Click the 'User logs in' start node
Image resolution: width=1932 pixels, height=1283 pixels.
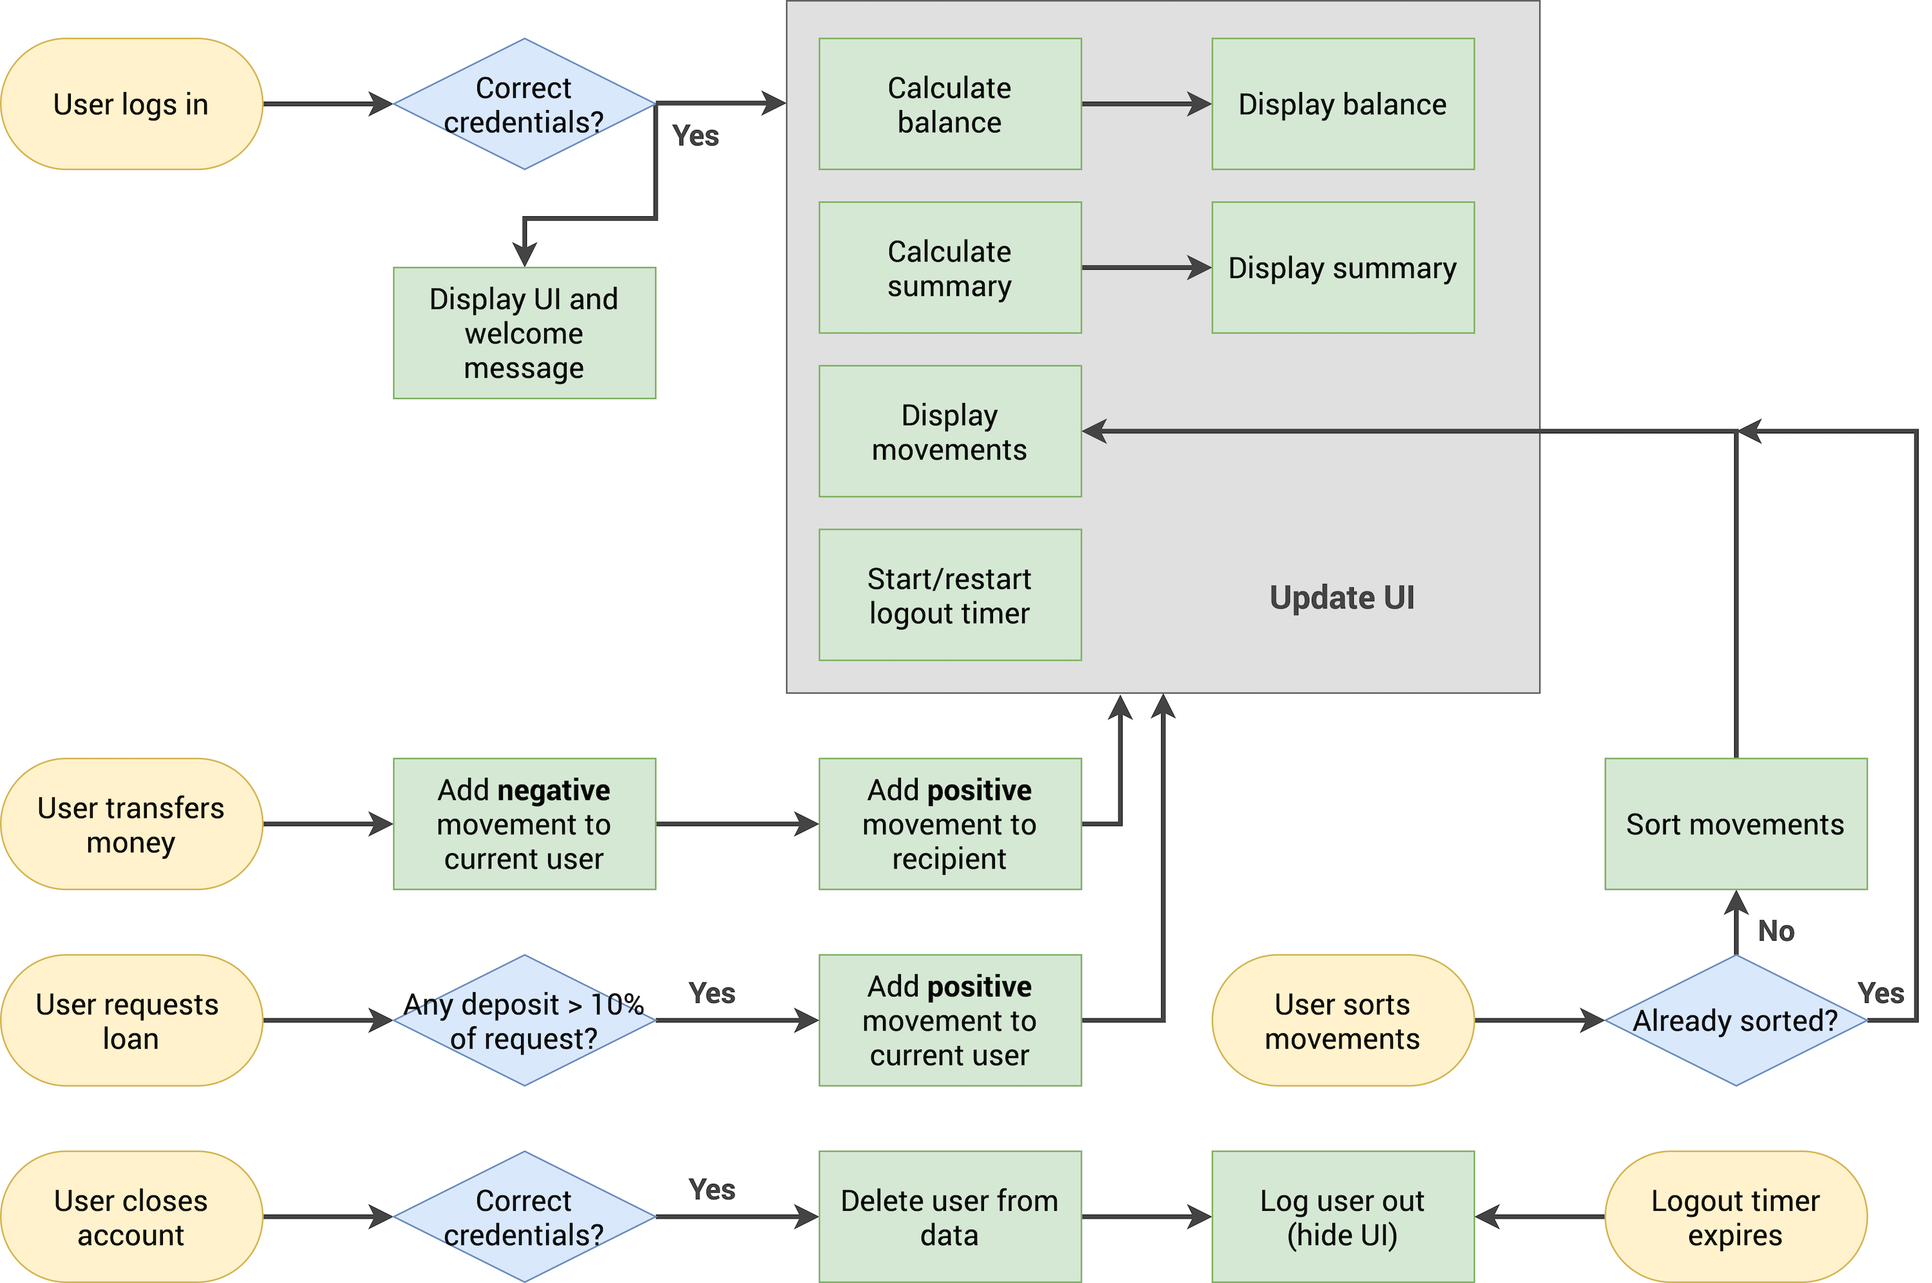(x=131, y=104)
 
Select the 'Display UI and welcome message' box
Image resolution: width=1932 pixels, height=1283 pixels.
(x=524, y=333)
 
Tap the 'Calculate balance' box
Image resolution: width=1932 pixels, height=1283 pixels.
(x=949, y=104)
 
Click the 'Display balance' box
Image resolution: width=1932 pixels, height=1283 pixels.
(x=1342, y=104)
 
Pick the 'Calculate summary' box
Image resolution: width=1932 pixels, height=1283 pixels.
(x=949, y=268)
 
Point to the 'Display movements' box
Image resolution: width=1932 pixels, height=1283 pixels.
(x=949, y=431)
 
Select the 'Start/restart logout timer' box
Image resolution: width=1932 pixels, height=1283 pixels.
(x=949, y=595)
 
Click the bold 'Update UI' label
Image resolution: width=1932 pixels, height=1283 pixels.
(x=1342, y=597)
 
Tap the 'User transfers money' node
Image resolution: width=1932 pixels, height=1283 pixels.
(x=131, y=824)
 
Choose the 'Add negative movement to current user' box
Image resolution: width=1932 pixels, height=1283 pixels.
(x=524, y=824)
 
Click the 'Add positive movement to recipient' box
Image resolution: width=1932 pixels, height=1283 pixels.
(x=949, y=824)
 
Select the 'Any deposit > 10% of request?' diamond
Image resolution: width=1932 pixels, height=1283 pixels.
(x=524, y=1020)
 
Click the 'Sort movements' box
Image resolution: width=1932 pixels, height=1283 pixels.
(x=1735, y=824)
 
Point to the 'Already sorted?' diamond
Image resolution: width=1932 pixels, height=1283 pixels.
(x=1735, y=1020)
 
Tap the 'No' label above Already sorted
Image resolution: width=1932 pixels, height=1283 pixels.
(x=1776, y=931)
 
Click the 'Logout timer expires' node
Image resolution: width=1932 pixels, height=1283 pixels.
(x=1735, y=1217)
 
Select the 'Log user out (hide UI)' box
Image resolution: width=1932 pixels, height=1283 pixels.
(x=1342, y=1217)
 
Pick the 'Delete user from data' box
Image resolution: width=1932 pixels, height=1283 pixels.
(x=949, y=1217)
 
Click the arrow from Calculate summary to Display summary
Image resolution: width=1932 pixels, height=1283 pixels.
(x=1146, y=268)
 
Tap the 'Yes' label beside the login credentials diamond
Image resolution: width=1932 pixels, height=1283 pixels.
(x=695, y=136)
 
